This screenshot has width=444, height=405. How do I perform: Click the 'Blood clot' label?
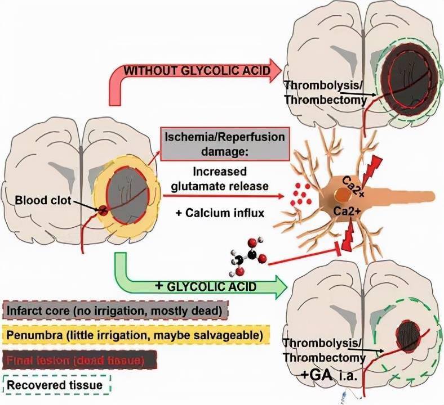[39, 201]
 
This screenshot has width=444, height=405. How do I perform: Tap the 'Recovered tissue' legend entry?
[56, 385]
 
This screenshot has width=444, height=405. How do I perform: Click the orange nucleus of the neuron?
[341, 196]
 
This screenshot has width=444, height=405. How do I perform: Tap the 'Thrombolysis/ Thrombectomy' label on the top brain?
[326, 93]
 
